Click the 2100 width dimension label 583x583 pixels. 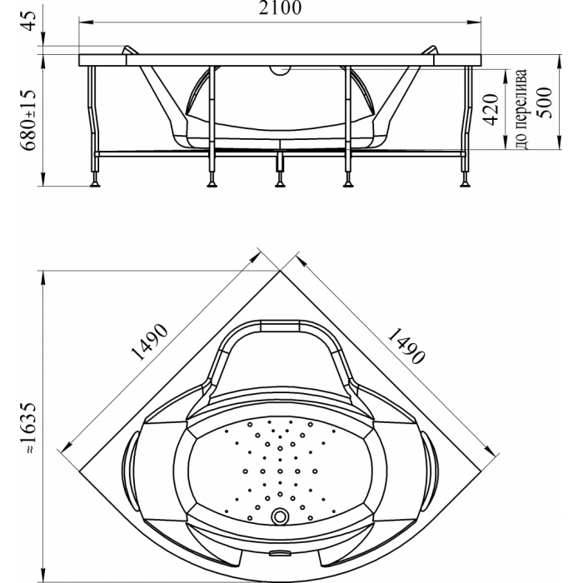tap(280, 7)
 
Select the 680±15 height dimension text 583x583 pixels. tap(28, 120)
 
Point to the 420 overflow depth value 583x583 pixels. tap(491, 110)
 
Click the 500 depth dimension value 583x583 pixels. tap(544, 102)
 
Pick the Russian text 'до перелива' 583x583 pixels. tap(521, 109)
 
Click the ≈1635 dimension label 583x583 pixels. tap(28, 427)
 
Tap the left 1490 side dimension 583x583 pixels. tap(150, 341)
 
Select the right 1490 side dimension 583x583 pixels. tap(406, 346)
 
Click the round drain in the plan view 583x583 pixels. tap(280, 516)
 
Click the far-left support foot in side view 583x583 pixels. tap(95, 183)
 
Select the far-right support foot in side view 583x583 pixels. tap(465, 183)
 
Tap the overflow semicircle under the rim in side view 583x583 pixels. tap(280, 71)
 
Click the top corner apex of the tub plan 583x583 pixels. tap(280, 271)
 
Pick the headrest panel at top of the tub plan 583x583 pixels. tap(280, 326)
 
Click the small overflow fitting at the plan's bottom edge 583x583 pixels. tap(280, 554)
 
